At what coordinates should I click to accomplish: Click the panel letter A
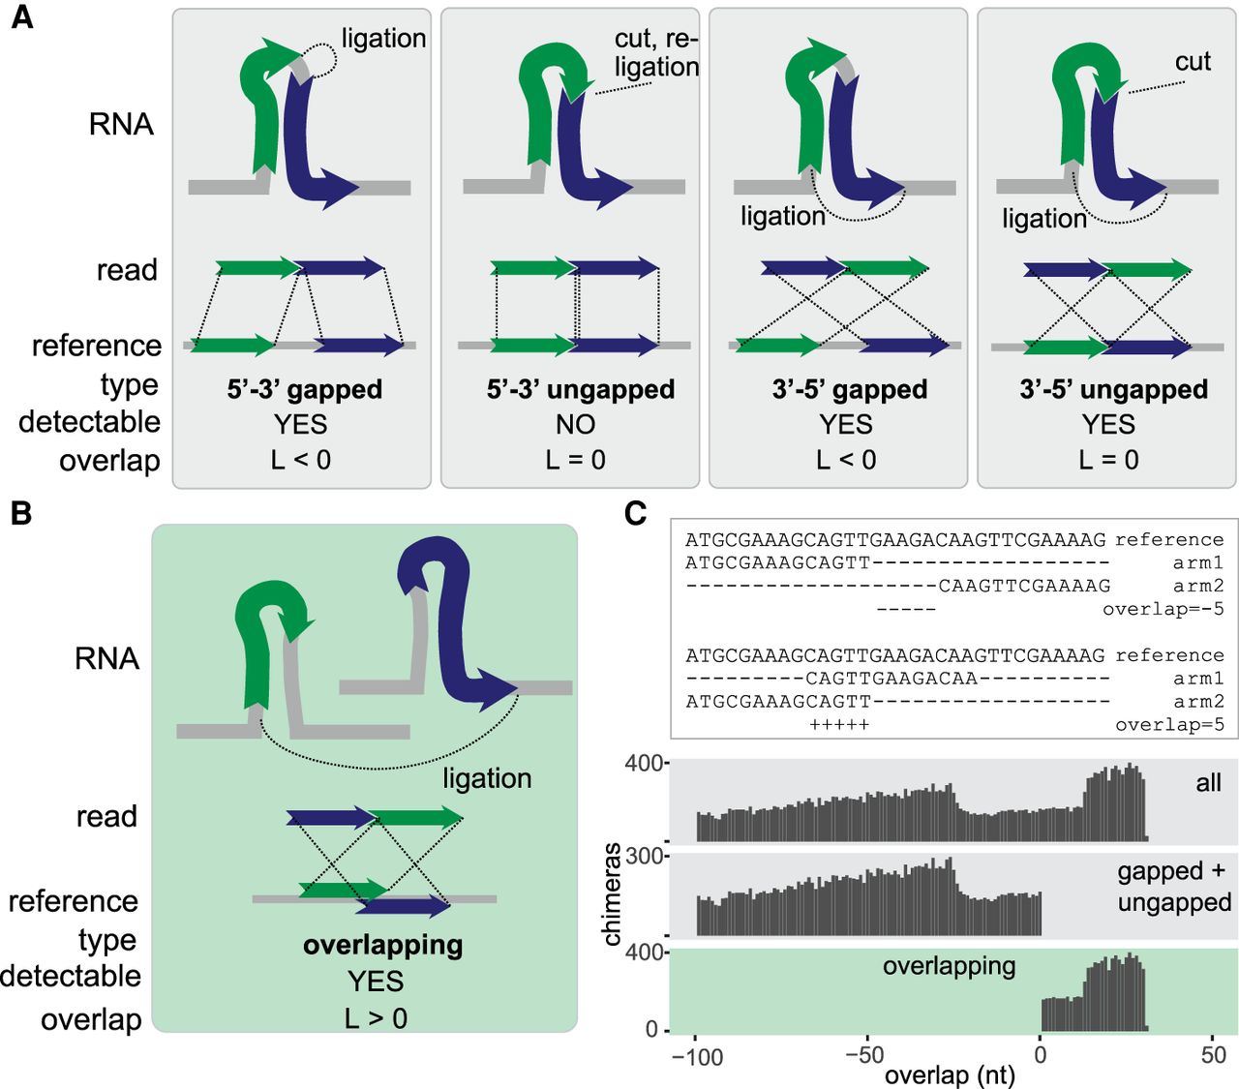coord(21,17)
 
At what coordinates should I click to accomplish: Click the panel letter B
coord(21,513)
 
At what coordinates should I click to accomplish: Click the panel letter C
coord(635,513)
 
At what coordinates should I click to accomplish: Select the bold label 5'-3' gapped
coord(305,389)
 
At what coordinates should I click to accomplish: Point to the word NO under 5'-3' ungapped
coord(575,424)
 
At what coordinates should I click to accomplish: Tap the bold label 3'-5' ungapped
coord(1113,389)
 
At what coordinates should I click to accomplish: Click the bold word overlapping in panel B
coord(382,945)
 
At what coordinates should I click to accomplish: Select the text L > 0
coord(376,1018)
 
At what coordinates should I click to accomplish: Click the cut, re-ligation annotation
coord(655,53)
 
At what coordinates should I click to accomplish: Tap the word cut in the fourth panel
coord(1193,62)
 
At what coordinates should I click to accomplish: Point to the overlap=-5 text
coord(1163,609)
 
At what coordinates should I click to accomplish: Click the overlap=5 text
coord(1168,725)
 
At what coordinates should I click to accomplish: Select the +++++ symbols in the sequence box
coord(839,725)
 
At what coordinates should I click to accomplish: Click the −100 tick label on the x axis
coord(697,1057)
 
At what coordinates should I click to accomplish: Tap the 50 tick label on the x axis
coord(1213,1055)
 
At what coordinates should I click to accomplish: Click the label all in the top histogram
coord(1208,782)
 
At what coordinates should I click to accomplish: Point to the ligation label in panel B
coord(487,778)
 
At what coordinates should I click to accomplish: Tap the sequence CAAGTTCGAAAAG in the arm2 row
coord(1024,586)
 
